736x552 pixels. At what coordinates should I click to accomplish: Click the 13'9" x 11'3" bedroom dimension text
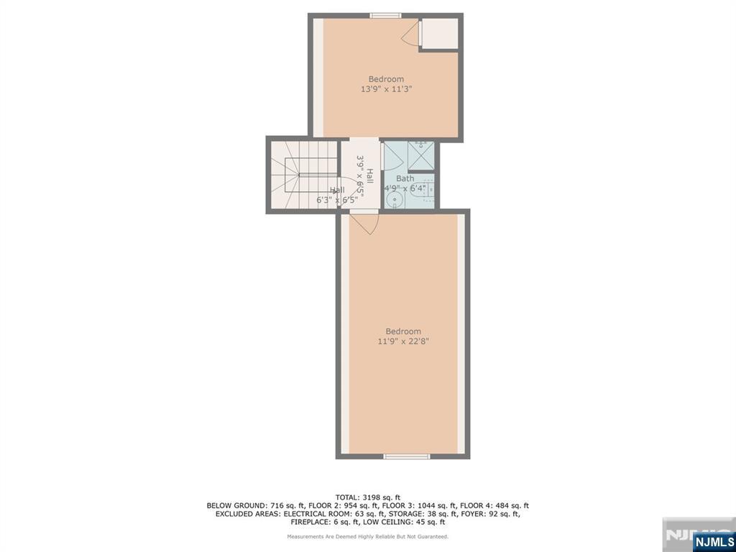(386, 90)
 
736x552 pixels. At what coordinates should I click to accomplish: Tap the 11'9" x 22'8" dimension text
(403, 341)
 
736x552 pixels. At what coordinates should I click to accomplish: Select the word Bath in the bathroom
(405, 178)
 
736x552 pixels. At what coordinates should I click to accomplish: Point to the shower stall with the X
(421, 155)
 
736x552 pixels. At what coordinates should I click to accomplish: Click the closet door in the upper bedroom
(411, 33)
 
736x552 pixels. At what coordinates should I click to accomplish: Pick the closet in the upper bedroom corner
(439, 34)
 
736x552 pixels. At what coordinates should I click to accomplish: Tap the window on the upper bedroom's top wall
(385, 16)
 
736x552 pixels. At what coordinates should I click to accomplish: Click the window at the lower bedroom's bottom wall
(406, 456)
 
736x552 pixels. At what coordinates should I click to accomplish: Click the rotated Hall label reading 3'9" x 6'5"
(365, 177)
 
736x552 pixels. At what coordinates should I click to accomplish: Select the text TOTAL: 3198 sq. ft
(367, 497)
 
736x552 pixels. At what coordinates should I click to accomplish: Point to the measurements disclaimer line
(367, 536)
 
